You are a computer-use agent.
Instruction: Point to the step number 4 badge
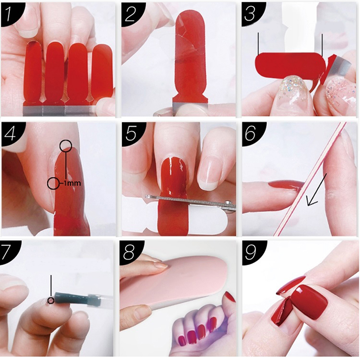pyautogui.click(x=10, y=133)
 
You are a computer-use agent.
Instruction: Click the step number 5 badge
pyautogui.click(x=131, y=133)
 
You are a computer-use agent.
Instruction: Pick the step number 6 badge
pyautogui.click(x=251, y=133)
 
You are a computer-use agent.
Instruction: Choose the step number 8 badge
pyautogui.click(x=130, y=252)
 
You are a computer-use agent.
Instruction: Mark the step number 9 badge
pyautogui.click(x=252, y=252)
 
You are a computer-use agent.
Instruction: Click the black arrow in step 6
pyautogui.click(x=317, y=189)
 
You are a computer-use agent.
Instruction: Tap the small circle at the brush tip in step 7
pyautogui.click(x=51, y=300)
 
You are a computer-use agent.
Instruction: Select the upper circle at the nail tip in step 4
pyautogui.click(x=66, y=145)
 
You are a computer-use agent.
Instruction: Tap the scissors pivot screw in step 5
pyautogui.click(x=228, y=203)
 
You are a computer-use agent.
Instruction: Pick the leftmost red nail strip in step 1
pyautogui.click(x=33, y=72)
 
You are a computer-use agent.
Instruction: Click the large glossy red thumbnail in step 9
pyautogui.click(x=309, y=301)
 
